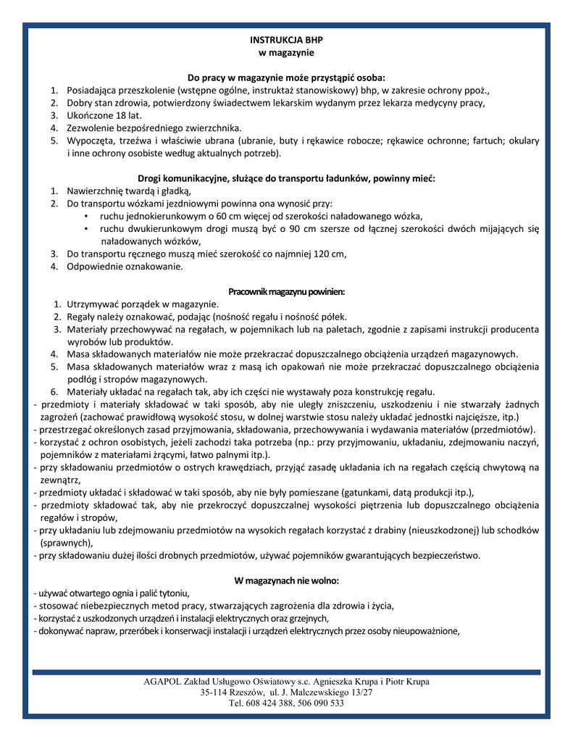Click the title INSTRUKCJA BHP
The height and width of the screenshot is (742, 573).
coord(286,40)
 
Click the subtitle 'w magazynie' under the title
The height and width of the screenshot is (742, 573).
coord(286,53)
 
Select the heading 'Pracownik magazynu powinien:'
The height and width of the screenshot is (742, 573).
coord(286,291)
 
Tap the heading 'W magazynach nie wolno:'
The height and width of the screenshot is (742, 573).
coord(286,580)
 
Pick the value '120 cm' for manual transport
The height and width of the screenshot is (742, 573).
coord(329,254)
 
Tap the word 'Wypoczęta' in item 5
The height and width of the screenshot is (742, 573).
coord(91,141)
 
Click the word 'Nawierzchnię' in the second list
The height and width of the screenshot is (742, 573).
coord(97,191)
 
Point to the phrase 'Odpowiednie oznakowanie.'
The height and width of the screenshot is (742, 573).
coord(125,266)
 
